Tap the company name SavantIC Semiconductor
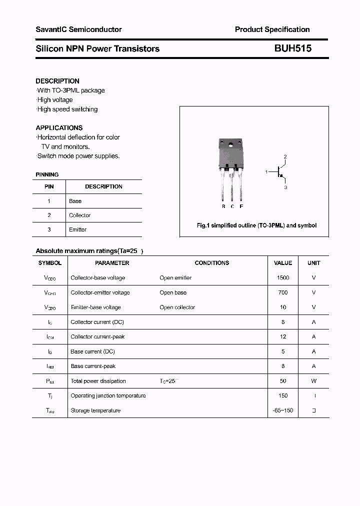click(78, 29)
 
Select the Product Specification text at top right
click(272, 29)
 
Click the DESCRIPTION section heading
click(57, 81)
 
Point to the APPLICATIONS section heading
click(59, 127)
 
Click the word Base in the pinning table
click(75, 201)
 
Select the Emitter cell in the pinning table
click(77, 229)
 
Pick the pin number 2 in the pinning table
click(49, 215)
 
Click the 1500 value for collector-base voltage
click(283, 277)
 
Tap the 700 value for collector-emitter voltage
click(283, 292)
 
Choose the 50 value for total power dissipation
click(283, 381)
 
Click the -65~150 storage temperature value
click(283, 410)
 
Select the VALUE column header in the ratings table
click(283, 263)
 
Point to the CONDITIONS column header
click(211, 263)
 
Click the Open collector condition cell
click(177, 307)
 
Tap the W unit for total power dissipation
click(314, 381)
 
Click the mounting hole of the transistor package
click(230, 145)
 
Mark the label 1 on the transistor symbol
click(266, 172)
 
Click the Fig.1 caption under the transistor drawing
click(256, 225)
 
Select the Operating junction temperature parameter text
click(108, 395)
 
